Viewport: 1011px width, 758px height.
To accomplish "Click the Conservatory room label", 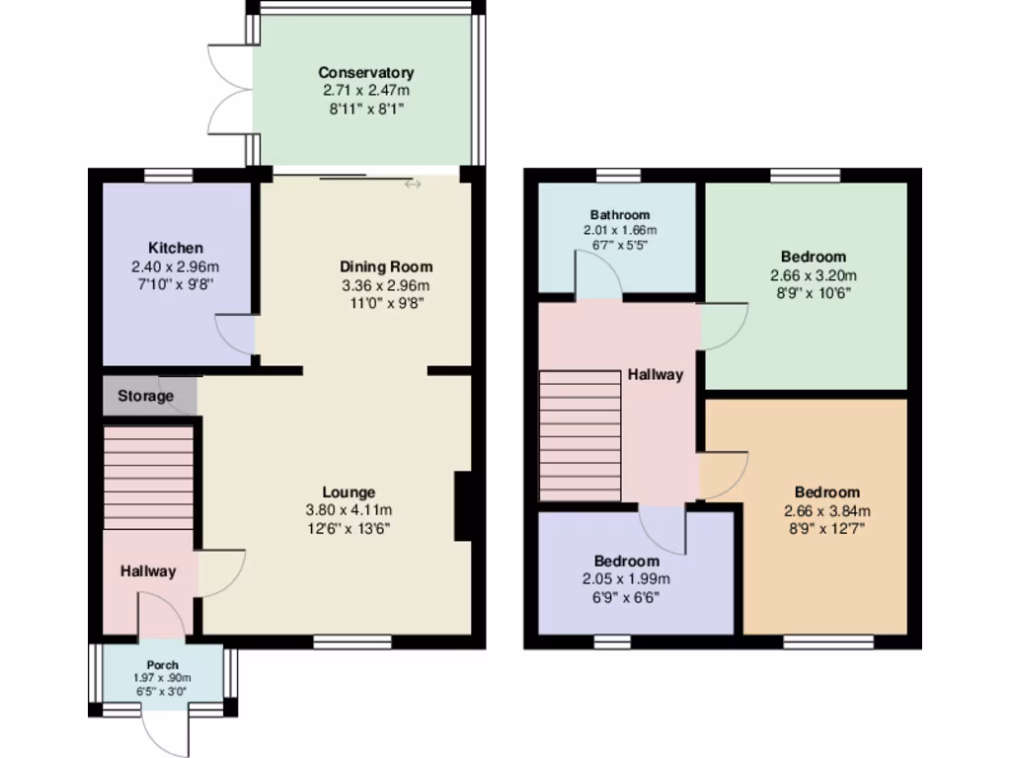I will (365, 72).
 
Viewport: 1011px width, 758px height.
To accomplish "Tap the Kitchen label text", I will (176, 248).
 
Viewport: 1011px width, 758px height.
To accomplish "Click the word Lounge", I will (349, 492).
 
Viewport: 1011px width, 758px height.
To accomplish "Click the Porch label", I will (163, 664).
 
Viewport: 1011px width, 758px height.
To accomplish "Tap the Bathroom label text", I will (620, 214).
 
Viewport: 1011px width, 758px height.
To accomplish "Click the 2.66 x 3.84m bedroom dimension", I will (826, 510).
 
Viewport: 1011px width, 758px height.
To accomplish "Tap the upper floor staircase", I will (580, 435).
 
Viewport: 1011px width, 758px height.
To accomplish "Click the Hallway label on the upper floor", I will (656, 374).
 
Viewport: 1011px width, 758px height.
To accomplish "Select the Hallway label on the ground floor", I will (148, 570).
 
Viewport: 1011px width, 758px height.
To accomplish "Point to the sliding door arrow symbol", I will (411, 184).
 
